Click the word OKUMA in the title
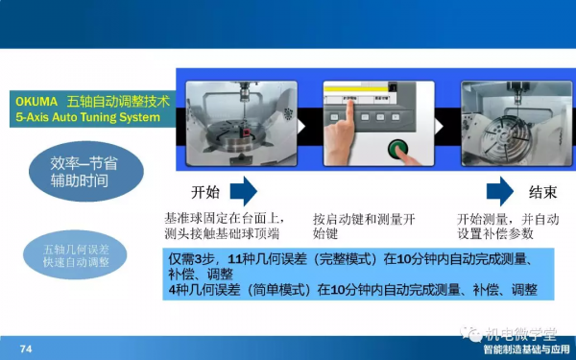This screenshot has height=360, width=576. click(36, 100)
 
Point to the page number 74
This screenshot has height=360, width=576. click(27, 348)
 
